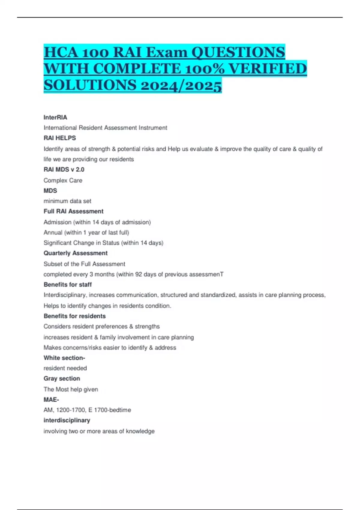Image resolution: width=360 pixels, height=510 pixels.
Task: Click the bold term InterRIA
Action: (55, 117)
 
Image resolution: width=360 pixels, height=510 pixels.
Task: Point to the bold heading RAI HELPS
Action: (60, 138)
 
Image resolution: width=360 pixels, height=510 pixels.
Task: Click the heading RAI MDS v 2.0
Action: (64, 169)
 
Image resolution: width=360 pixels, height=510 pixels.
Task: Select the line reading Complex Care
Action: (63, 180)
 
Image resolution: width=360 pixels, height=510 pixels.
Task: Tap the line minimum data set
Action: (67, 201)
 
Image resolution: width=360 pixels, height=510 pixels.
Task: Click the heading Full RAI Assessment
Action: (73, 211)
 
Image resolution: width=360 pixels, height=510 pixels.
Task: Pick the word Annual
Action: (53, 232)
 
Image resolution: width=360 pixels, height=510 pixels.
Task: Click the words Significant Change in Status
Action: (81, 243)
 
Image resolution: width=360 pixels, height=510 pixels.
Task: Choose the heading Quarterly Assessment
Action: (76, 253)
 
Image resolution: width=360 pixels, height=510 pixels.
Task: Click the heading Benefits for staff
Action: (67, 284)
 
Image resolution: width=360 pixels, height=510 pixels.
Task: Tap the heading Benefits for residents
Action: (75, 316)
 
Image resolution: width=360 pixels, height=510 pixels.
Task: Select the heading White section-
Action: (64, 358)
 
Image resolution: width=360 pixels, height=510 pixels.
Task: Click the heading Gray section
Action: (62, 379)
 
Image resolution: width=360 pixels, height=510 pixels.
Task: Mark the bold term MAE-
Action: (51, 400)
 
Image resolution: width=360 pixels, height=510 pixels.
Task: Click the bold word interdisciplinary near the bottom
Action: (67, 420)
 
